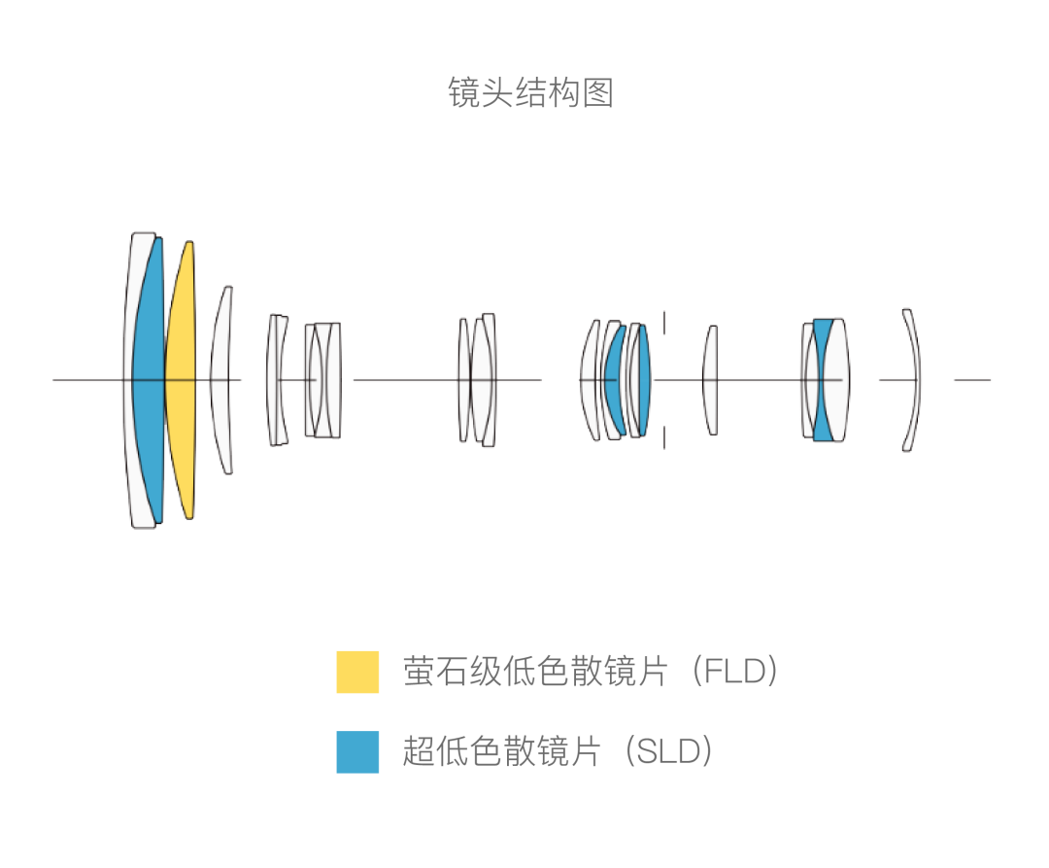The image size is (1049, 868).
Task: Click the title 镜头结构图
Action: (530, 92)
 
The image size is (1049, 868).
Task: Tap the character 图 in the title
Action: (598, 92)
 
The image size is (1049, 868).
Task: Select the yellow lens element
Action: (181, 380)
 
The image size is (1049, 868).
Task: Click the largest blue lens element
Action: (149, 380)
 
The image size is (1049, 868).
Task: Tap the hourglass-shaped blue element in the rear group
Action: (823, 380)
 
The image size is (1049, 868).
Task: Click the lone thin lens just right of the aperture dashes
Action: (710, 380)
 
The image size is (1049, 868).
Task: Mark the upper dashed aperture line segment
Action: (664, 322)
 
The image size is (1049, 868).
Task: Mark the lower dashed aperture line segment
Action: (664, 437)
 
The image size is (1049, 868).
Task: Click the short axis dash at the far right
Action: (972, 380)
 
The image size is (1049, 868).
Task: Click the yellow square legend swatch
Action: (357, 672)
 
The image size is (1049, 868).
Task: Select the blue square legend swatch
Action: (357, 751)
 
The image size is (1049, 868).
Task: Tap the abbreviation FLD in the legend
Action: (735, 672)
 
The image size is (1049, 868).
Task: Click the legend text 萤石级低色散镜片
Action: (535, 672)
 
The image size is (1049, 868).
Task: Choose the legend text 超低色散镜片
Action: (502, 751)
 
